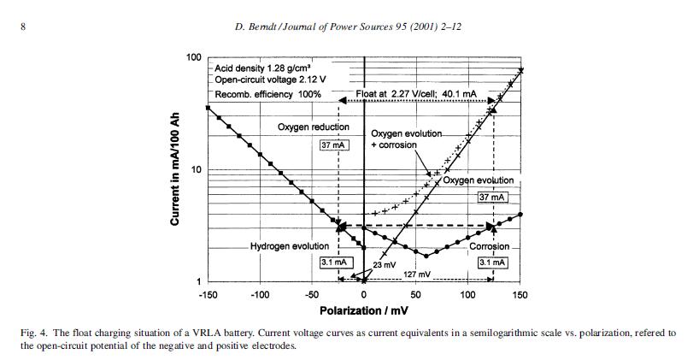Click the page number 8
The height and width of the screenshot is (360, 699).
tap(24, 26)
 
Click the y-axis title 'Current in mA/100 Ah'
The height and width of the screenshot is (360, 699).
tap(174, 169)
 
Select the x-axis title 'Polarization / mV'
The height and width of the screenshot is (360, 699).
tap(363, 310)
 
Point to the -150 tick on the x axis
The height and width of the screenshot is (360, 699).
tap(208, 295)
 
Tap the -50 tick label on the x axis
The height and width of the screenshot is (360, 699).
tap(312, 295)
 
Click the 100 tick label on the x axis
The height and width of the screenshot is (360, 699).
tap(468, 295)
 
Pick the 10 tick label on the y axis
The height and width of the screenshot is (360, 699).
tap(195, 169)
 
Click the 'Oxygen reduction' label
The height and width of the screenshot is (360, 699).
tap(314, 127)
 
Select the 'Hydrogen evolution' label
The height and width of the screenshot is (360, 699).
tap(289, 246)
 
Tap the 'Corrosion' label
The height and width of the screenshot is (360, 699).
tap(489, 246)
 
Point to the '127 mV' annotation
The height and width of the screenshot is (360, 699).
tap(416, 274)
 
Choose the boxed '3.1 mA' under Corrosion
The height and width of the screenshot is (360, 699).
tap(493, 262)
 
